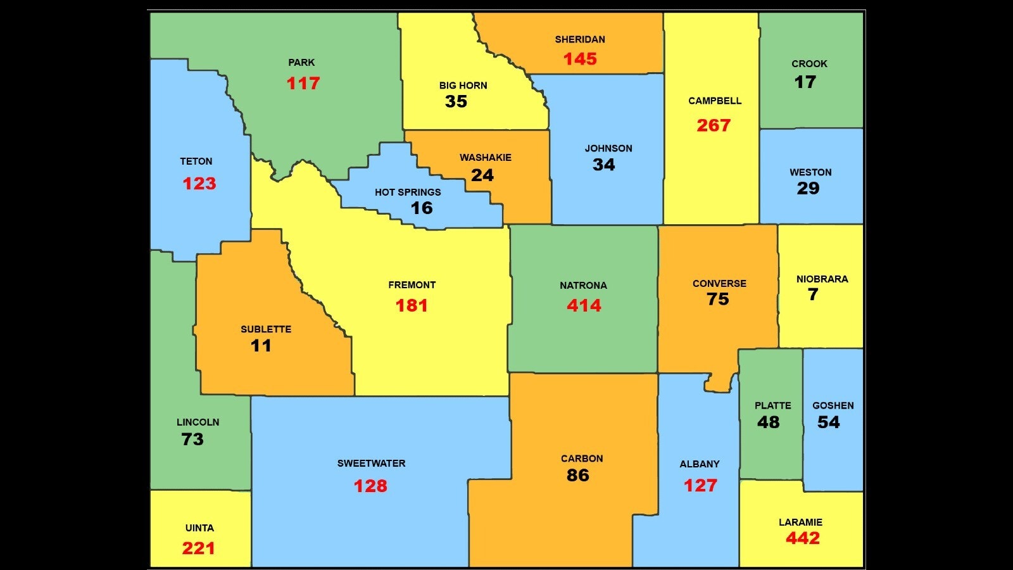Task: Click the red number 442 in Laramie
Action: click(x=802, y=538)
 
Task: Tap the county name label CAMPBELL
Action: click(x=715, y=101)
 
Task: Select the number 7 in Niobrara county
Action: click(x=813, y=294)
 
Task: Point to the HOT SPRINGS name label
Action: click(x=408, y=192)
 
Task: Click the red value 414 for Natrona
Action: click(x=584, y=306)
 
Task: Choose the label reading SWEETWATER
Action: click(x=371, y=464)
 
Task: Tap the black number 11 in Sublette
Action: click(x=261, y=346)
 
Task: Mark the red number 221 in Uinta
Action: click(x=198, y=548)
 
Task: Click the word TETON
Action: click(x=196, y=161)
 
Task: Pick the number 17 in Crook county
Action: click(x=805, y=82)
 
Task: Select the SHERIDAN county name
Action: click(x=580, y=39)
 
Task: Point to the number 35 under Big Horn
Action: click(x=456, y=101)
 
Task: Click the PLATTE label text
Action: click(x=772, y=405)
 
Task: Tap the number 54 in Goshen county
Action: click(x=828, y=422)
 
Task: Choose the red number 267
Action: click(x=714, y=125)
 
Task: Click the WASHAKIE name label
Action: click(x=486, y=158)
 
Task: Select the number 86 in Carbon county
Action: click(x=577, y=476)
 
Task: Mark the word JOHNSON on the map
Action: click(x=608, y=148)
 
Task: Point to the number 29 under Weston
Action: click(x=808, y=188)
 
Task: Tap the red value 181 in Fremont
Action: click(x=412, y=306)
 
